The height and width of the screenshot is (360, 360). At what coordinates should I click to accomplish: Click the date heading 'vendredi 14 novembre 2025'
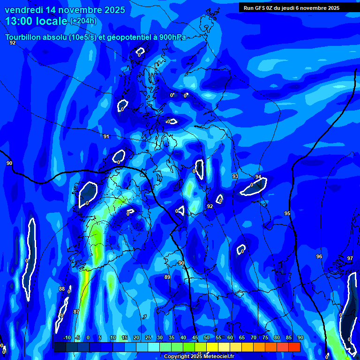point(65,10)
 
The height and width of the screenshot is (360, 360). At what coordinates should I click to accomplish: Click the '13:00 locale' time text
point(36,21)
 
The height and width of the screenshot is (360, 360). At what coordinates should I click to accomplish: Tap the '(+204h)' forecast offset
point(83,21)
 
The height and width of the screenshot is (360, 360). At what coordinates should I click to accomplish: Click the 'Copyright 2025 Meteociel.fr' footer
point(199,356)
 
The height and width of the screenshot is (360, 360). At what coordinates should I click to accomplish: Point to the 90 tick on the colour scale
point(300,337)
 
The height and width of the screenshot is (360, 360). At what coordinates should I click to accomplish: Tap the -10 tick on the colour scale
point(67,337)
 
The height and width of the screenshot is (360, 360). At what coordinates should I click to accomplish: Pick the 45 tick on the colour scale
point(195,337)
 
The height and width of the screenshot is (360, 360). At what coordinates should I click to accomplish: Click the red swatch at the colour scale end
point(294,347)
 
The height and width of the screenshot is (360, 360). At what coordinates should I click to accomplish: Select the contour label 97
point(350,258)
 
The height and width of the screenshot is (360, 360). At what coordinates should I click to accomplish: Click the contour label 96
point(319,256)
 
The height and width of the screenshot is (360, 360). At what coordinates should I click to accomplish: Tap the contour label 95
point(287,213)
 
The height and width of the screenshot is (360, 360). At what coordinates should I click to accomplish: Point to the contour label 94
point(258,177)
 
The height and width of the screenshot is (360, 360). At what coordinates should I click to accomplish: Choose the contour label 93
point(235,176)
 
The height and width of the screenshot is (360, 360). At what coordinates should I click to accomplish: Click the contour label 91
point(106,136)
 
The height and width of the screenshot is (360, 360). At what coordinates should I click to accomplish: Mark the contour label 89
point(167,277)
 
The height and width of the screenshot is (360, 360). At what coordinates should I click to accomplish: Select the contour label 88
point(62,289)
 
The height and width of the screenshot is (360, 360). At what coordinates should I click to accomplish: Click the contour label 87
point(76,312)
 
